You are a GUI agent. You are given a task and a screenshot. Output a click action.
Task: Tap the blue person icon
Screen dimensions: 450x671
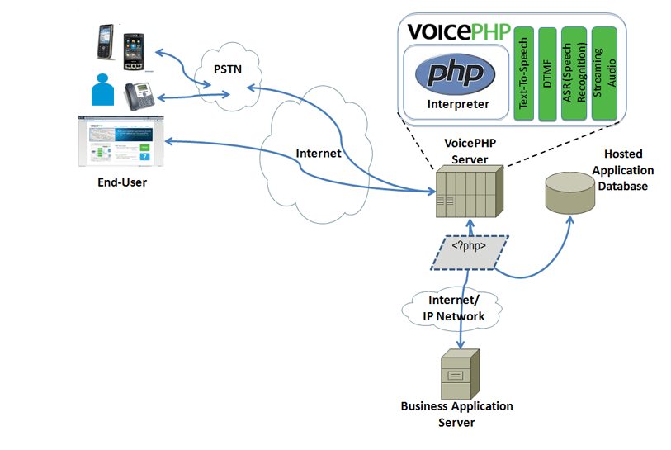(102, 90)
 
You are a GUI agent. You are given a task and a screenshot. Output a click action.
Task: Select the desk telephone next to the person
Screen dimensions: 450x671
(139, 96)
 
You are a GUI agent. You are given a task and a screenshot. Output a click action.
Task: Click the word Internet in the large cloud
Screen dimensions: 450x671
(319, 154)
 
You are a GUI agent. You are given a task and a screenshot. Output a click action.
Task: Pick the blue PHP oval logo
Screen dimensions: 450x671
(455, 73)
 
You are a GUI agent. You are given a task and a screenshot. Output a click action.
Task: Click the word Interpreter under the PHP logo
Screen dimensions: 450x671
(458, 105)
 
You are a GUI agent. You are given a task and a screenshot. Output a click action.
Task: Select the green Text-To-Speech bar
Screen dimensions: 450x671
(522, 73)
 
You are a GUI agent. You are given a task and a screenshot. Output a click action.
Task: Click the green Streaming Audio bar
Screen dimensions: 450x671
(604, 73)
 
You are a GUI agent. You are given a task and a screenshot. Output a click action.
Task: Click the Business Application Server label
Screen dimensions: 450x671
(456, 414)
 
